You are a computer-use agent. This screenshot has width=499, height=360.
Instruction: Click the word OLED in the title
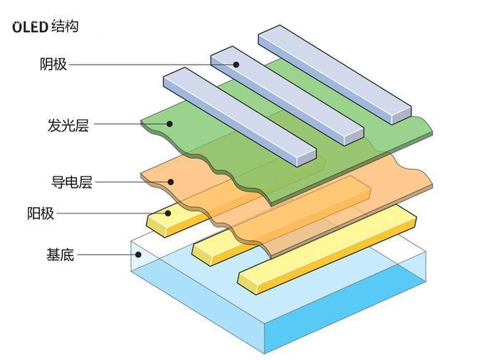[x=28, y=28]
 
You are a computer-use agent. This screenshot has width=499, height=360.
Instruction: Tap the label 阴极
[x=53, y=64]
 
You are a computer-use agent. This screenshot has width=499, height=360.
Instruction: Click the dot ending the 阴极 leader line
[x=233, y=64]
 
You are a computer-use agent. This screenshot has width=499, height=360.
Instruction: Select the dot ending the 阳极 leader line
[x=168, y=212]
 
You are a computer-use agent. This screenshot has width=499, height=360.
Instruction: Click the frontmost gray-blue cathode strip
[x=238, y=114]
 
